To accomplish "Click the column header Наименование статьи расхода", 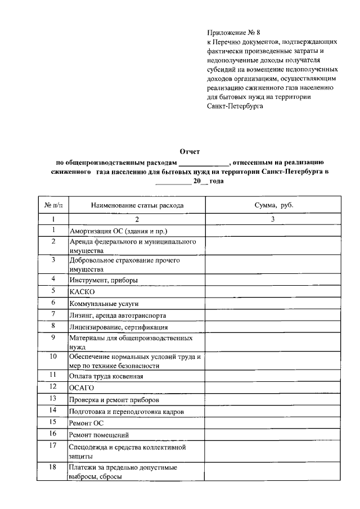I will [x=137, y=205].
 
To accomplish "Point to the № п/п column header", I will [x=52, y=205].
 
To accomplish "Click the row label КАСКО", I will [x=82, y=292].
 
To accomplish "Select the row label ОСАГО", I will [x=82, y=388].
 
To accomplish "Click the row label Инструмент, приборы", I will [x=103, y=280].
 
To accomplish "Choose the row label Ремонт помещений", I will [x=100, y=435].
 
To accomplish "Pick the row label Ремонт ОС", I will [x=86, y=423].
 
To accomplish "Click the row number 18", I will [x=53, y=466].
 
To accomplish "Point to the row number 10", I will [x=53, y=357].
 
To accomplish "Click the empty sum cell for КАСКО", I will [x=273, y=291].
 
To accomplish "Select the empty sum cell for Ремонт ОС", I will [x=273, y=422].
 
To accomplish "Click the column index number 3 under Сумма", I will [x=273, y=219].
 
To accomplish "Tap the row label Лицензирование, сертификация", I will [x=119, y=327].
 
